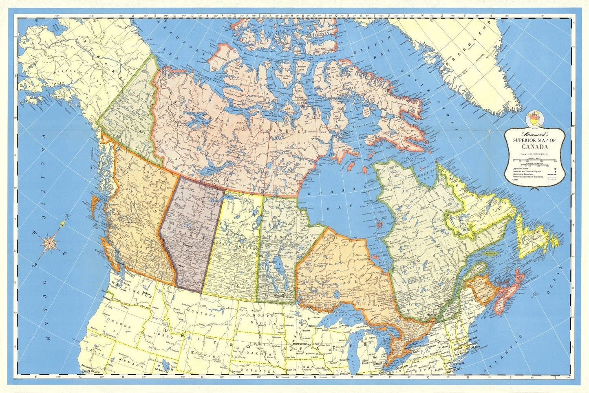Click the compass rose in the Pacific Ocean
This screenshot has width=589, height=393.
point(50,243)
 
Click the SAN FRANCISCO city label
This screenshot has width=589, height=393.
point(95,372)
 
